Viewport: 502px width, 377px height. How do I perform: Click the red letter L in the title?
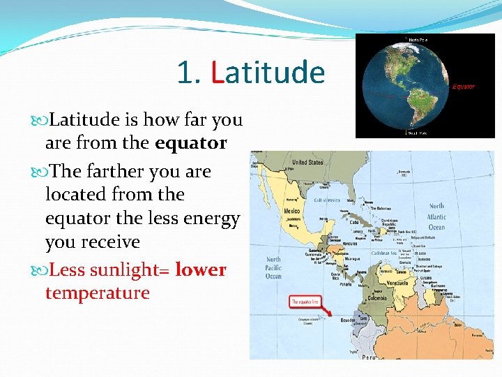click(216, 72)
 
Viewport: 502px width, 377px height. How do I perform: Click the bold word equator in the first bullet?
click(190, 143)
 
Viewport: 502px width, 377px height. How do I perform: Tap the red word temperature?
click(97, 293)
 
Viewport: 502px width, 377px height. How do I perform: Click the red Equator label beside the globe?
click(463, 87)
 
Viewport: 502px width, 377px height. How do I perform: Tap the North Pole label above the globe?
click(418, 40)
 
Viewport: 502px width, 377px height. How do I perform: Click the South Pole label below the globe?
click(418, 132)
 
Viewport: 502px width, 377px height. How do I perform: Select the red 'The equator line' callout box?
click(305, 302)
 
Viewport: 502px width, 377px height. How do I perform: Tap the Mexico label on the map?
click(291, 210)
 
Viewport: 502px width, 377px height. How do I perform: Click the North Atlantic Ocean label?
click(436, 216)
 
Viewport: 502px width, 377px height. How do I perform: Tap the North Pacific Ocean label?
click(273, 267)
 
